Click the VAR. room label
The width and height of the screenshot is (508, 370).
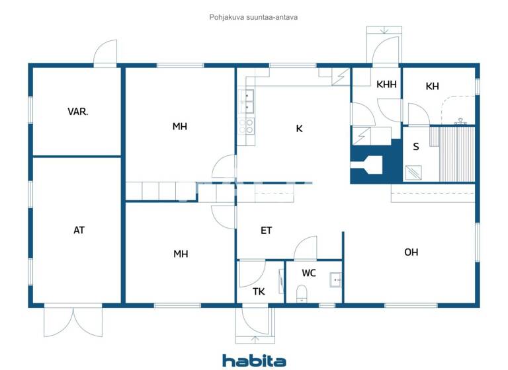coord(78,112)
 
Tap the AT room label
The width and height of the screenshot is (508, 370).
coord(79,231)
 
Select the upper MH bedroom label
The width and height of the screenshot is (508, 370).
coord(180,126)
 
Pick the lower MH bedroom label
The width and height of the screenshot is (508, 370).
coord(181,253)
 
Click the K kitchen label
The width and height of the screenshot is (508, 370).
coord(299,129)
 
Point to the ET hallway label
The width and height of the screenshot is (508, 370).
coord(267,231)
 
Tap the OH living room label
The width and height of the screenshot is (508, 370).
coord(411,252)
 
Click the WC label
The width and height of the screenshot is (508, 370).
coord(309,272)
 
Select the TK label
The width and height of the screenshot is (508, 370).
coord(259,291)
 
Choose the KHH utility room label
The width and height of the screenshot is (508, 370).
coord(386,85)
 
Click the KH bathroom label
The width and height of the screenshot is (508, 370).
coord(432,86)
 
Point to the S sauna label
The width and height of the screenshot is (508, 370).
coord(415,147)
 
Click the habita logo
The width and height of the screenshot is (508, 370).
coord(254,360)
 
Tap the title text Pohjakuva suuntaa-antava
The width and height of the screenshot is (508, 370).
coord(253,17)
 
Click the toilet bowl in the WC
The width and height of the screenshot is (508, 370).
coord(302,293)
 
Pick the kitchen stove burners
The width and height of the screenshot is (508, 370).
coord(249,126)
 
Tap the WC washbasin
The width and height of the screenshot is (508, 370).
coord(335,280)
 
